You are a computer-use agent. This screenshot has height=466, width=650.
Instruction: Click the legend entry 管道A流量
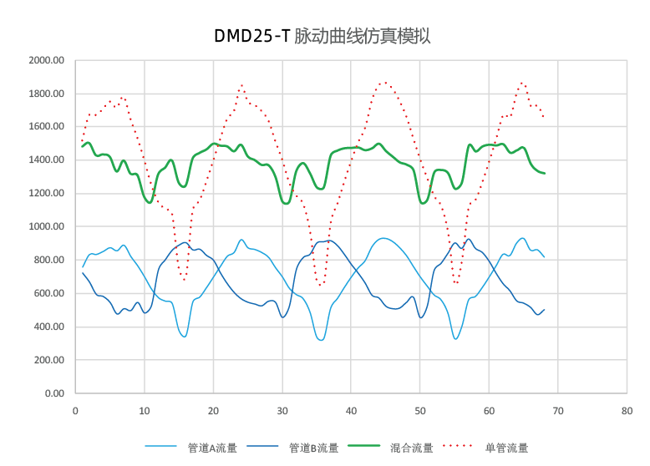(211, 448)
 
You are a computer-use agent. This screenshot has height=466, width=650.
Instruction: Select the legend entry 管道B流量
(313, 448)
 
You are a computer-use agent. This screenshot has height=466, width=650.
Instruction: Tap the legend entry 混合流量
(411, 448)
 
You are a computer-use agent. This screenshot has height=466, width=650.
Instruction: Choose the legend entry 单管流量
(506, 448)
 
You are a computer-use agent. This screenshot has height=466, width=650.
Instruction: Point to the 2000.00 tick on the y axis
(46, 60)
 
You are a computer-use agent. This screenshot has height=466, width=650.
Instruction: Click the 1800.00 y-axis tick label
(46, 94)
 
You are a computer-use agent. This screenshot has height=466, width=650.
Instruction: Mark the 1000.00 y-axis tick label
(46, 226)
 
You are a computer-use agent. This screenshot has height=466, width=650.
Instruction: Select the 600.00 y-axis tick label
(48, 293)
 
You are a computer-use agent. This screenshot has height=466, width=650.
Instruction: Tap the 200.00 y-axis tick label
(48, 360)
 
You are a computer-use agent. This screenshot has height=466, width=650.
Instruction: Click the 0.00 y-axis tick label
(53, 393)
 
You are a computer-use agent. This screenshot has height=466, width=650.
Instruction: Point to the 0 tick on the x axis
(75, 410)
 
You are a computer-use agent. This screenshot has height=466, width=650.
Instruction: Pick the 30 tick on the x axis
(282, 410)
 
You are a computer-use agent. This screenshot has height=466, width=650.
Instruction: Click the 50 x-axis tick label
(420, 410)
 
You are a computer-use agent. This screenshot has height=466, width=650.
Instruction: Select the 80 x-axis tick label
(627, 410)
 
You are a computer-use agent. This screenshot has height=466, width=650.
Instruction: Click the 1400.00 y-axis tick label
(46, 160)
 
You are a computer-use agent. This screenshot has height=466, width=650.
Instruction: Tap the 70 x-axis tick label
(558, 410)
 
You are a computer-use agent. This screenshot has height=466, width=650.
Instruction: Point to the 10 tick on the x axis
(145, 410)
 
